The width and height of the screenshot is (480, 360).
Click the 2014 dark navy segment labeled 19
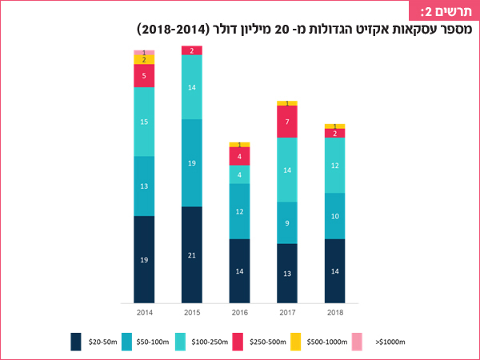coord(144,260)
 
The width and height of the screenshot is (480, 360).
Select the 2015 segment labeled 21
coord(192,255)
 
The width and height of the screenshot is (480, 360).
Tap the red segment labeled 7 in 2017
coord(287,122)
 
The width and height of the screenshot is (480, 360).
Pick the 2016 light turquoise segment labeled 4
coord(239,174)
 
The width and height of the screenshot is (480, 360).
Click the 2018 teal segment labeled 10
coord(335,216)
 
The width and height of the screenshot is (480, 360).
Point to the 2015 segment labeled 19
coord(192,163)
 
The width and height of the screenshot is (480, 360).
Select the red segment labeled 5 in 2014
coord(144,76)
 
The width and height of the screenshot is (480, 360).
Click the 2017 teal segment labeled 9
coord(287,223)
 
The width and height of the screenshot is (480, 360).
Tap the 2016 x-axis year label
coord(239,313)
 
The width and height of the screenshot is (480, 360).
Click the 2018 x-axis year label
coord(335,313)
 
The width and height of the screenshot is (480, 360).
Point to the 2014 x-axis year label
coord(144,313)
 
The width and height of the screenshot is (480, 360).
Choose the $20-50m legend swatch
coord(76,342)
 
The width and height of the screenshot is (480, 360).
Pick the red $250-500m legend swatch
coord(237,342)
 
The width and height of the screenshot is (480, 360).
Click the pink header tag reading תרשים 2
coord(446,11)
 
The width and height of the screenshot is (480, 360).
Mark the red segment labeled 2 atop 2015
coord(192,50)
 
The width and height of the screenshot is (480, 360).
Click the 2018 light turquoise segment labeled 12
coord(335,166)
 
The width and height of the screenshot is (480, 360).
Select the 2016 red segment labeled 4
coord(239,156)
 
